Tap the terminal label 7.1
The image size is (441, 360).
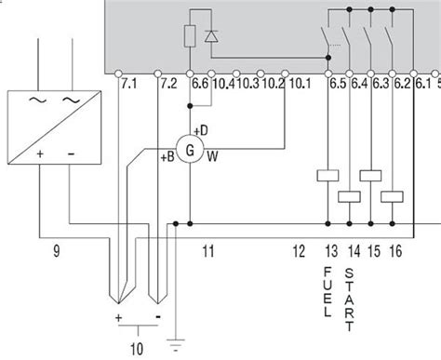[128, 84]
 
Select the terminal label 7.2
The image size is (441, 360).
[168, 84]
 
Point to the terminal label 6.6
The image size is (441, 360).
[200, 84]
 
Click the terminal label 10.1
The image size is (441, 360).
[300, 84]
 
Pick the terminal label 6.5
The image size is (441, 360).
[338, 84]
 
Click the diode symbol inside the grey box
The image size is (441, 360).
[211, 36]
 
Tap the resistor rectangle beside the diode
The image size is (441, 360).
[190, 36]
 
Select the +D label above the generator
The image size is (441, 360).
[201, 130]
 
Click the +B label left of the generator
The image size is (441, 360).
[167, 157]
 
